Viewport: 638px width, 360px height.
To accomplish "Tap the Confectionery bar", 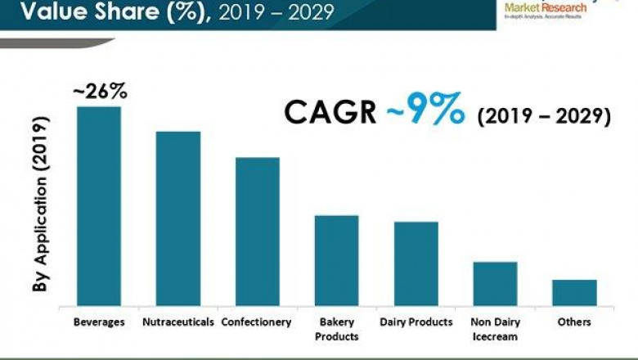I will click(x=258, y=232).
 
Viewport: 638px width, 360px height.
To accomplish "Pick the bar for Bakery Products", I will click(x=337, y=260).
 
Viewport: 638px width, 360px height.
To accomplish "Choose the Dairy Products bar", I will click(x=416, y=263).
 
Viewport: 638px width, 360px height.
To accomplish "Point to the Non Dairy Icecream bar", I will click(x=495, y=284).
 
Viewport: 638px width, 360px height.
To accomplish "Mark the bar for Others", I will click(x=574, y=293).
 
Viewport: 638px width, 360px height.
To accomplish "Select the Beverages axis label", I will click(x=99, y=322).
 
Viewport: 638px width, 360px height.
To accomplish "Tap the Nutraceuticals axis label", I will click(x=178, y=322).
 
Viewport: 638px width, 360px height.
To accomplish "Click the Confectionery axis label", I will click(x=256, y=322).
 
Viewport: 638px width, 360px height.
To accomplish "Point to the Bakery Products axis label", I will click(x=337, y=329).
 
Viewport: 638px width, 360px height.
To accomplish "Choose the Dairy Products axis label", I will click(x=416, y=322).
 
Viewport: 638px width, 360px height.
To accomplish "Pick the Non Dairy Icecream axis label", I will click(x=495, y=329).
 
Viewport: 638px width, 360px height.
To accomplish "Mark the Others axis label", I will click(x=574, y=322).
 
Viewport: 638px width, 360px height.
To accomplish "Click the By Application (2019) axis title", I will click(x=39, y=205).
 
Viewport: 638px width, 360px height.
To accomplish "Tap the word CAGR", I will click(x=330, y=113).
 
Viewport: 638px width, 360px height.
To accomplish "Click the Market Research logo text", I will click(x=546, y=7).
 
